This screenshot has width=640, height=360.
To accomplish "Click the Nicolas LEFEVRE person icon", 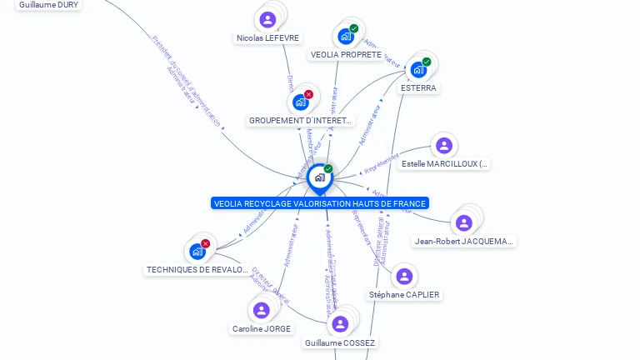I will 267,19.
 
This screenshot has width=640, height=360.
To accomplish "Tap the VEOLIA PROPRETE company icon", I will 345,37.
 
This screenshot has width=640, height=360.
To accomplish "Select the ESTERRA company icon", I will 417,70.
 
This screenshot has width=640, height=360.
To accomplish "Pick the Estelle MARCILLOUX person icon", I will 444,146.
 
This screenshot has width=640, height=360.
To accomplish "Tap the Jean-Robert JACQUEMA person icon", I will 464,222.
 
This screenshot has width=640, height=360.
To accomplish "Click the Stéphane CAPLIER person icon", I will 404,277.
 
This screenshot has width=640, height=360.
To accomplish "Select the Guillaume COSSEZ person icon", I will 340,324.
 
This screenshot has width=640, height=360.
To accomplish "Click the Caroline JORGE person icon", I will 262,310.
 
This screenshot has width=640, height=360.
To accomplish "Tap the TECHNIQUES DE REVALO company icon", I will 197,251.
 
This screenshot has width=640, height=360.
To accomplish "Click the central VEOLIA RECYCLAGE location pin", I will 319,177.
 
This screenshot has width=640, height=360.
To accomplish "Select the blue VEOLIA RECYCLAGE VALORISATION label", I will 320,203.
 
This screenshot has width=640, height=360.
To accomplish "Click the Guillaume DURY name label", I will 49,4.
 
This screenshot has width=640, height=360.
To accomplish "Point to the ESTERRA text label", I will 418,87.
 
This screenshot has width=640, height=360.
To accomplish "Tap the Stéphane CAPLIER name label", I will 404,294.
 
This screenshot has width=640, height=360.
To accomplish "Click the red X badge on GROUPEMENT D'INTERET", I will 309,94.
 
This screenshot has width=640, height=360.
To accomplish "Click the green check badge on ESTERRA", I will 427,62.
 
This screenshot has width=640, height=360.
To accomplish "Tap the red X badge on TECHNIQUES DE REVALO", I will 206,243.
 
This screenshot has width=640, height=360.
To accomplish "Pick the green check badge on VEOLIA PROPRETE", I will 354,28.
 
